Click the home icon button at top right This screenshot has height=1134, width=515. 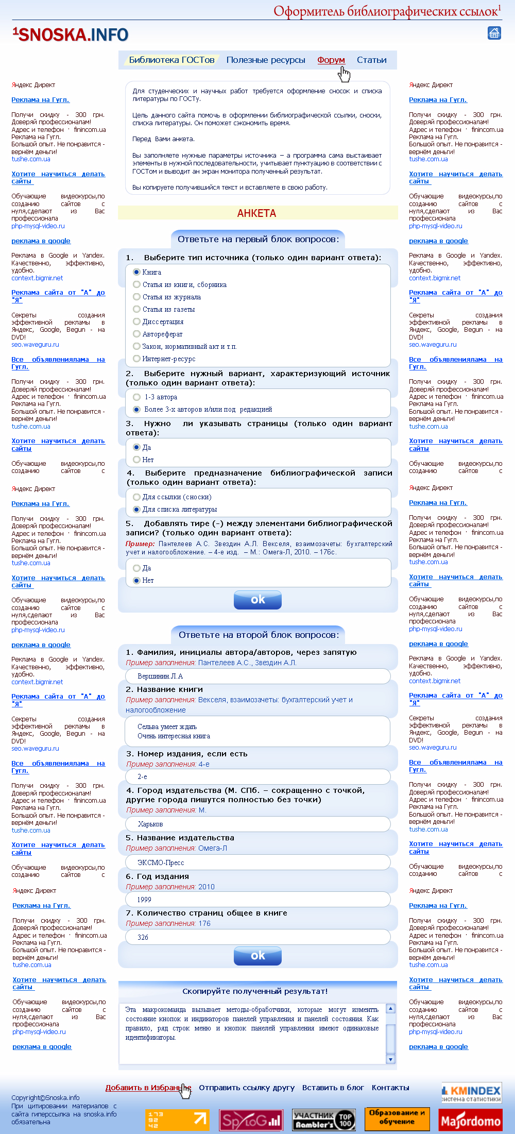click(494, 33)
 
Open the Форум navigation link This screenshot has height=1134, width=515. click(331, 60)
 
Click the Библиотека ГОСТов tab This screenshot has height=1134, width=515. click(171, 60)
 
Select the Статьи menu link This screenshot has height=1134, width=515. click(371, 60)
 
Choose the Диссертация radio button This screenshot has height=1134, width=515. click(137, 321)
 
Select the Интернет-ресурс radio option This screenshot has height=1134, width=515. click(137, 359)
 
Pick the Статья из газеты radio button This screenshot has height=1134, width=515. click(137, 309)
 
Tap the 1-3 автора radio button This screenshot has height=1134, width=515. click(137, 397)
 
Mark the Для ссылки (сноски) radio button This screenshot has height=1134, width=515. click(137, 497)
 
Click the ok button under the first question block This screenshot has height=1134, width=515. click(257, 599)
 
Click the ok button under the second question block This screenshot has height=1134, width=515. click(257, 956)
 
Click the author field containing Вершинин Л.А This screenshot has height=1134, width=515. click(257, 676)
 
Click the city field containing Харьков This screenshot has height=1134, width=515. click(257, 824)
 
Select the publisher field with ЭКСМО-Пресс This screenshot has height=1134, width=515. click(257, 862)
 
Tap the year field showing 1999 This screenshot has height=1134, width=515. click(257, 900)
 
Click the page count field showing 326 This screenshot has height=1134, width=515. click(257, 937)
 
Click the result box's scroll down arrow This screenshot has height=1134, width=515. click(390, 1059)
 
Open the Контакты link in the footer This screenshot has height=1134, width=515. click(390, 1088)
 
